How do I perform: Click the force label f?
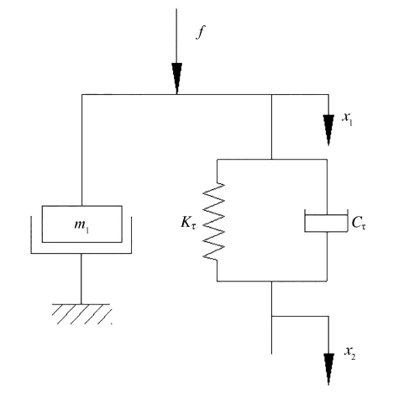200,32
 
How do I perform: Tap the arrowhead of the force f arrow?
176,78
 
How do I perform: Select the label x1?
347,118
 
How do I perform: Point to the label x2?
350,352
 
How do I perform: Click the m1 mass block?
82,224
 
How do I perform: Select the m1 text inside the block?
81,226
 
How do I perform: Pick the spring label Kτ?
188,223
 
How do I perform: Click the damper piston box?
326,224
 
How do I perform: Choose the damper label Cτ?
359,224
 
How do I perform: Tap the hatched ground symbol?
81,314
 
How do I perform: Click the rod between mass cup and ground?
81,279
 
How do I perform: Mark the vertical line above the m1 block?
81,150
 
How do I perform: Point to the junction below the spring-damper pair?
271,281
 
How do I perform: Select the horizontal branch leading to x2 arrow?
300,316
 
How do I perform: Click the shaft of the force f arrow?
176,36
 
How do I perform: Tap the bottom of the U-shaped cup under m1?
81,254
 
